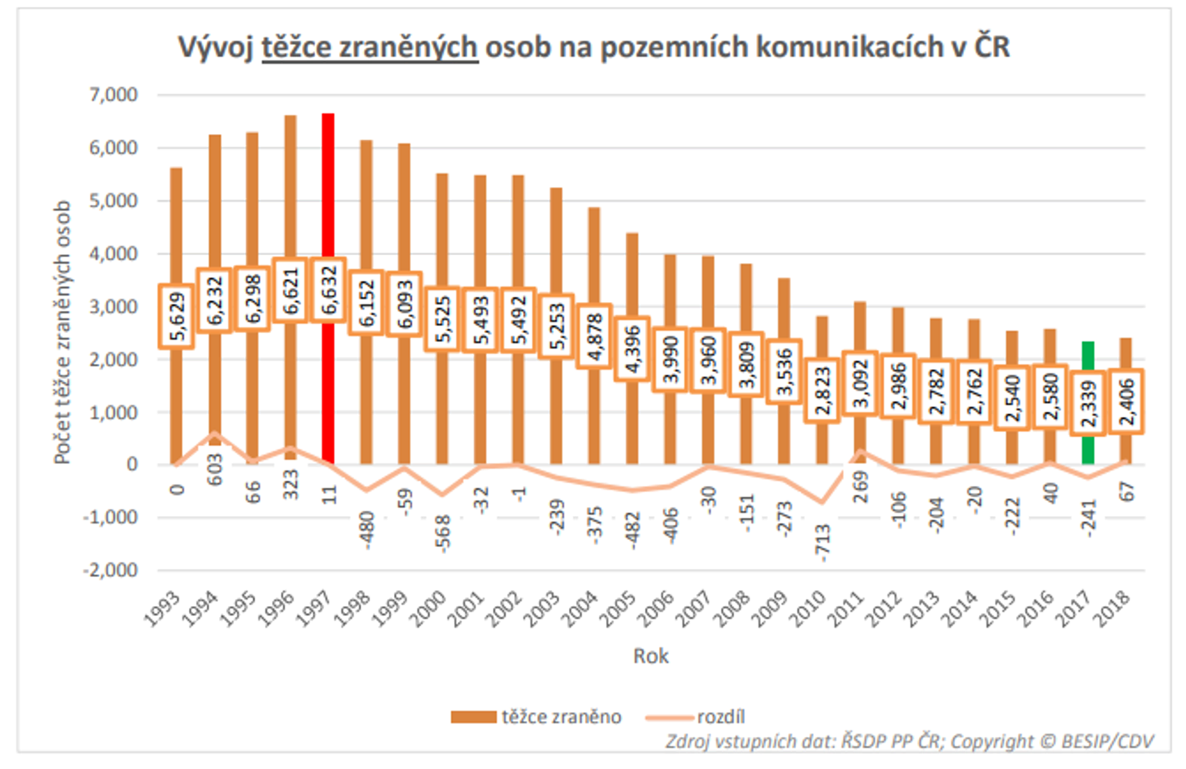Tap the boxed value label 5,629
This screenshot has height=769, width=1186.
[x=176, y=316]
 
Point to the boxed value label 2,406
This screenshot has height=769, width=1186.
[x=1126, y=402]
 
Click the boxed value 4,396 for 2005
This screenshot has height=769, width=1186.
[x=632, y=349]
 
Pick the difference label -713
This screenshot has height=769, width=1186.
[x=822, y=543]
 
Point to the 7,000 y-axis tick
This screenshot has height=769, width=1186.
[x=113, y=94]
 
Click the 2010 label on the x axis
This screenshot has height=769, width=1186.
[x=808, y=609]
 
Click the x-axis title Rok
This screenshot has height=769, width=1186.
[x=650, y=656]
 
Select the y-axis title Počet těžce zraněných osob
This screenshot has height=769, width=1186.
[x=63, y=333]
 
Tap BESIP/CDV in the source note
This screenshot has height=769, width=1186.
[x=1107, y=742]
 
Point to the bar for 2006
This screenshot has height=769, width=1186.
[x=670, y=289]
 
